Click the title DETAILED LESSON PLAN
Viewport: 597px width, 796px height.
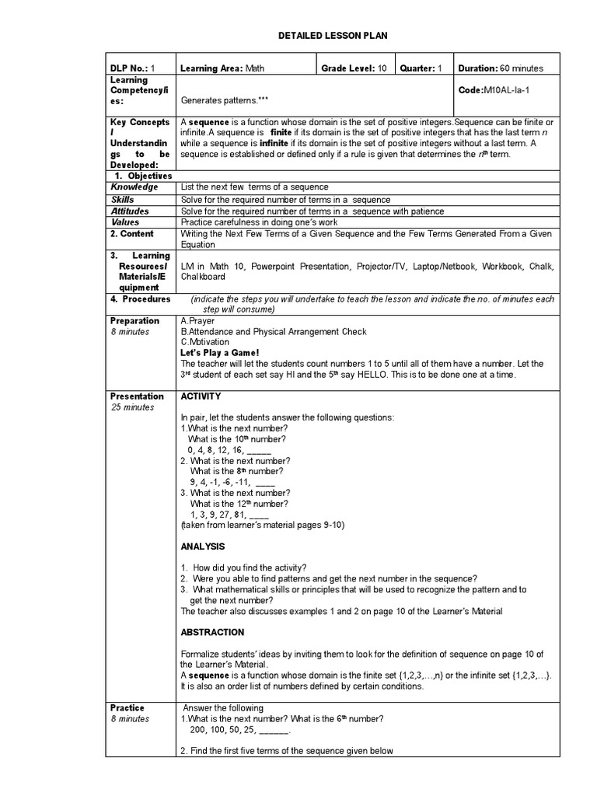[333, 36]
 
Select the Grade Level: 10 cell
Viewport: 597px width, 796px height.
[355, 68]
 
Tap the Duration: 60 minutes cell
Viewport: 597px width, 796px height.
[501, 68]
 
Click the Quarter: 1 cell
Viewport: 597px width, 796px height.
[421, 68]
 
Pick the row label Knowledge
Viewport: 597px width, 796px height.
[134, 187]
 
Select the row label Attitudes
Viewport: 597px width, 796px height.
[130, 211]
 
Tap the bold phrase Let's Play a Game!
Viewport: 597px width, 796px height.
[219, 353]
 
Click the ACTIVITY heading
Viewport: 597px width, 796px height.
[201, 396]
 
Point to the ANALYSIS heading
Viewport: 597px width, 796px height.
[203, 546]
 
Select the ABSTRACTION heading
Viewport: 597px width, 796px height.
[212, 632]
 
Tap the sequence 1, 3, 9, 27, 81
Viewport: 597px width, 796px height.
[229, 515]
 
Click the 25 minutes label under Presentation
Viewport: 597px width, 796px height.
[132, 407]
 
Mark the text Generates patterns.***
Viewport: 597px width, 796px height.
[218, 100]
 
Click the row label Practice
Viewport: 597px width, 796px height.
[127, 708]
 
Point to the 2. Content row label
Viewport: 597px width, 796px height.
[132, 234]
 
